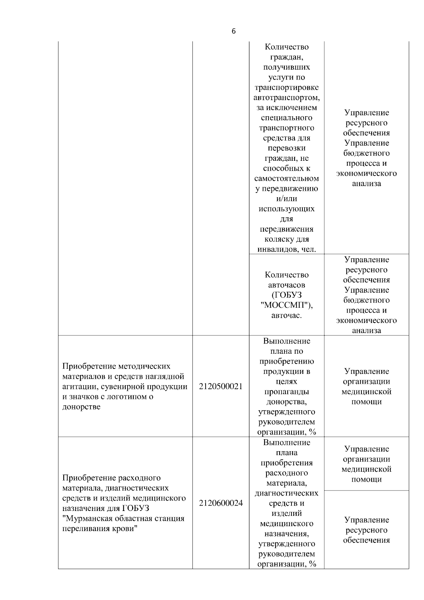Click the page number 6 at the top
pyautogui.click(x=234, y=31)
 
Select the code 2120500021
pyautogui.click(x=220, y=386)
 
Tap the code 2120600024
pyautogui.click(x=220, y=503)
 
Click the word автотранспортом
pyautogui.click(x=287, y=97)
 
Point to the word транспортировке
pyautogui.click(x=287, y=87)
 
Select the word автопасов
pyautogui.click(x=287, y=285)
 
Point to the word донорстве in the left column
pyautogui.click(x=81, y=407)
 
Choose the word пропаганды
pyautogui.click(x=287, y=392)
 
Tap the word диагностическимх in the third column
pyautogui.click(x=287, y=493)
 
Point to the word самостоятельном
pyautogui.click(x=287, y=178)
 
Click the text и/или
pyautogui.click(x=287, y=199)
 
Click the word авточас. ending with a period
pyautogui.click(x=287, y=315)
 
